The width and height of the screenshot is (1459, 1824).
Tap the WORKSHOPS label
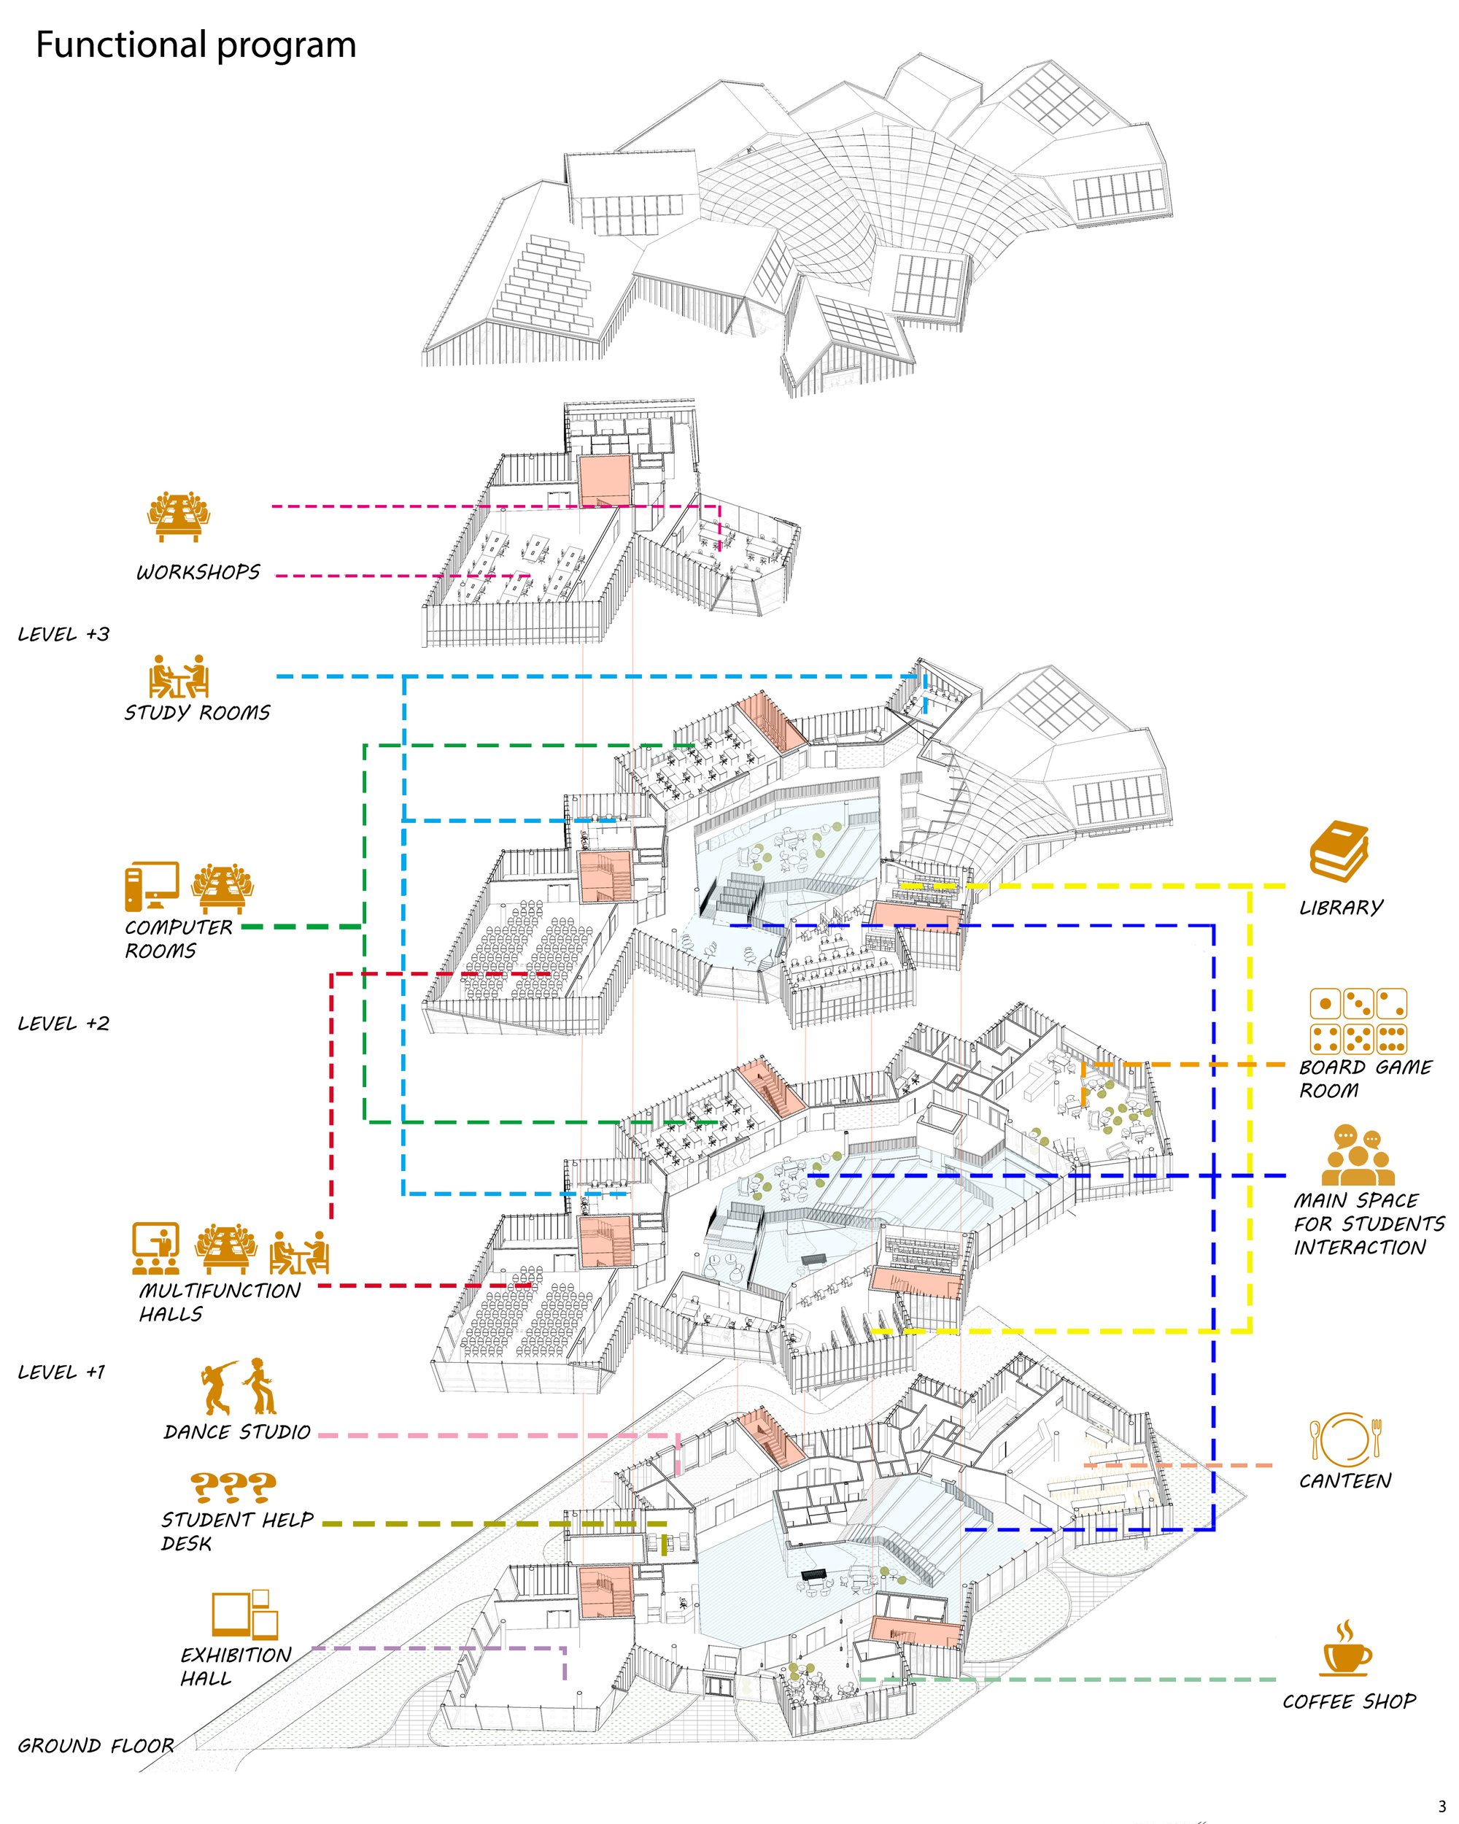coord(198,573)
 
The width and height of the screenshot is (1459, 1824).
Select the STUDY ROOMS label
coord(197,712)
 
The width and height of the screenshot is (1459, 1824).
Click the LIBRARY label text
coord(1341,908)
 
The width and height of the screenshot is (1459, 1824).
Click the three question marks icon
coord(233,1485)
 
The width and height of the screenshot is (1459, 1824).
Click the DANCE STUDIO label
coord(238,1432)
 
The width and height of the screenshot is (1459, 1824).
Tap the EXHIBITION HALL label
coord(235,1666)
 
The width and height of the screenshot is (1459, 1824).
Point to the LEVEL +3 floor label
coord(63,635)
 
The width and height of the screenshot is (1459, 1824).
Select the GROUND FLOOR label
coord(96,1745)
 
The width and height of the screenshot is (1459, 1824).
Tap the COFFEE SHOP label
coord(1348,1701)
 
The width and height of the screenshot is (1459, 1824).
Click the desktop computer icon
coord(152,887)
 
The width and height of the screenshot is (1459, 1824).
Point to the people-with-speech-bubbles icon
coord(1358,1155)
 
